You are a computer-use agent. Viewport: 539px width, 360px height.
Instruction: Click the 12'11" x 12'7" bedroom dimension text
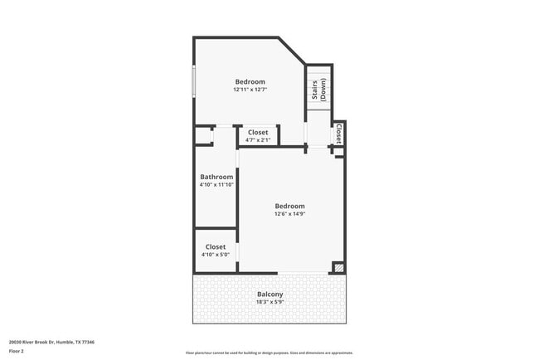(x=250, y=90)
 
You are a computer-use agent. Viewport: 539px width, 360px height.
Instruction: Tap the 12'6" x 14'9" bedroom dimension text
(x=289, y=214)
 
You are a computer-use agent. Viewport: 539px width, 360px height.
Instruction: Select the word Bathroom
(x=216, y=176)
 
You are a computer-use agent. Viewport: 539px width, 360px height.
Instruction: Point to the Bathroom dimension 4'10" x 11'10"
(x=216, y=184)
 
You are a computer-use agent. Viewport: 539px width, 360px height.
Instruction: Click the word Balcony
(x=269, y=294)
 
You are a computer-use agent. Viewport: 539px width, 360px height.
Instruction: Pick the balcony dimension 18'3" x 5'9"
(x=269, y=303)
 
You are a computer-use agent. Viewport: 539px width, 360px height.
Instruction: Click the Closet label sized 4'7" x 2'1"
(x=257, y=132)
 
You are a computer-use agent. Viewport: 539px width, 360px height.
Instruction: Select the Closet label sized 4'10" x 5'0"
(x=216, y=246)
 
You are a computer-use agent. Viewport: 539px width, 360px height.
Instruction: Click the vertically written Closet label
(x=338, y=134)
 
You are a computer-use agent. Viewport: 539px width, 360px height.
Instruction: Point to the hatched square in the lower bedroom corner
(x=337, y=267)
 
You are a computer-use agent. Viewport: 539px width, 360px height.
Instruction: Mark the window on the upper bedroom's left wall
(x=194, y=80)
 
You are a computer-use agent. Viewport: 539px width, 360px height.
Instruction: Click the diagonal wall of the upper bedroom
(x=292, y=51)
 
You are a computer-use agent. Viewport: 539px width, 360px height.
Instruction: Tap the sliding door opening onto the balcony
(x=303, y=273)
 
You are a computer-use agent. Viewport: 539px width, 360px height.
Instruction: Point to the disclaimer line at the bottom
(x=269, y=353)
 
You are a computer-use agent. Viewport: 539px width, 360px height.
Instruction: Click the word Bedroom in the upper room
(x=250, y=81)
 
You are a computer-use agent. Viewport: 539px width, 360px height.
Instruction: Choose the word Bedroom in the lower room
(x=289, y=206)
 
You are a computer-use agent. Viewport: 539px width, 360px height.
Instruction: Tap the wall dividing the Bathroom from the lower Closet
(x=216, y=227)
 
